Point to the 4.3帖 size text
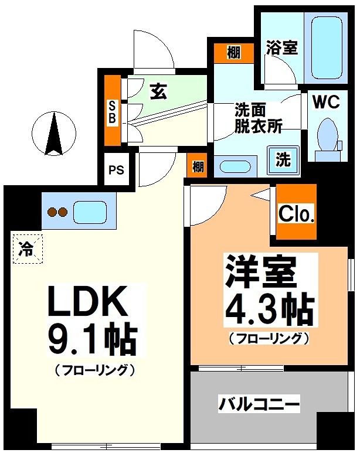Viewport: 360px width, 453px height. (268, 309)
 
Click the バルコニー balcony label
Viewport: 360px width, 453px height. (259, 404)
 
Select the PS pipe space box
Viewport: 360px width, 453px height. (116, 171)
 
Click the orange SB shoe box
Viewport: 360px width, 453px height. (112, 111)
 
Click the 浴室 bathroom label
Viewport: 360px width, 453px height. (281, 47)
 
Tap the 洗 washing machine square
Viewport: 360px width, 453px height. (283, 159)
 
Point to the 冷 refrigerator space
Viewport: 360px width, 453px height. (26, 248)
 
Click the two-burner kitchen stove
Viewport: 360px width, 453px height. (57, 212)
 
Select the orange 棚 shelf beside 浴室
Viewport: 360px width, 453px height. (233, 53)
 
